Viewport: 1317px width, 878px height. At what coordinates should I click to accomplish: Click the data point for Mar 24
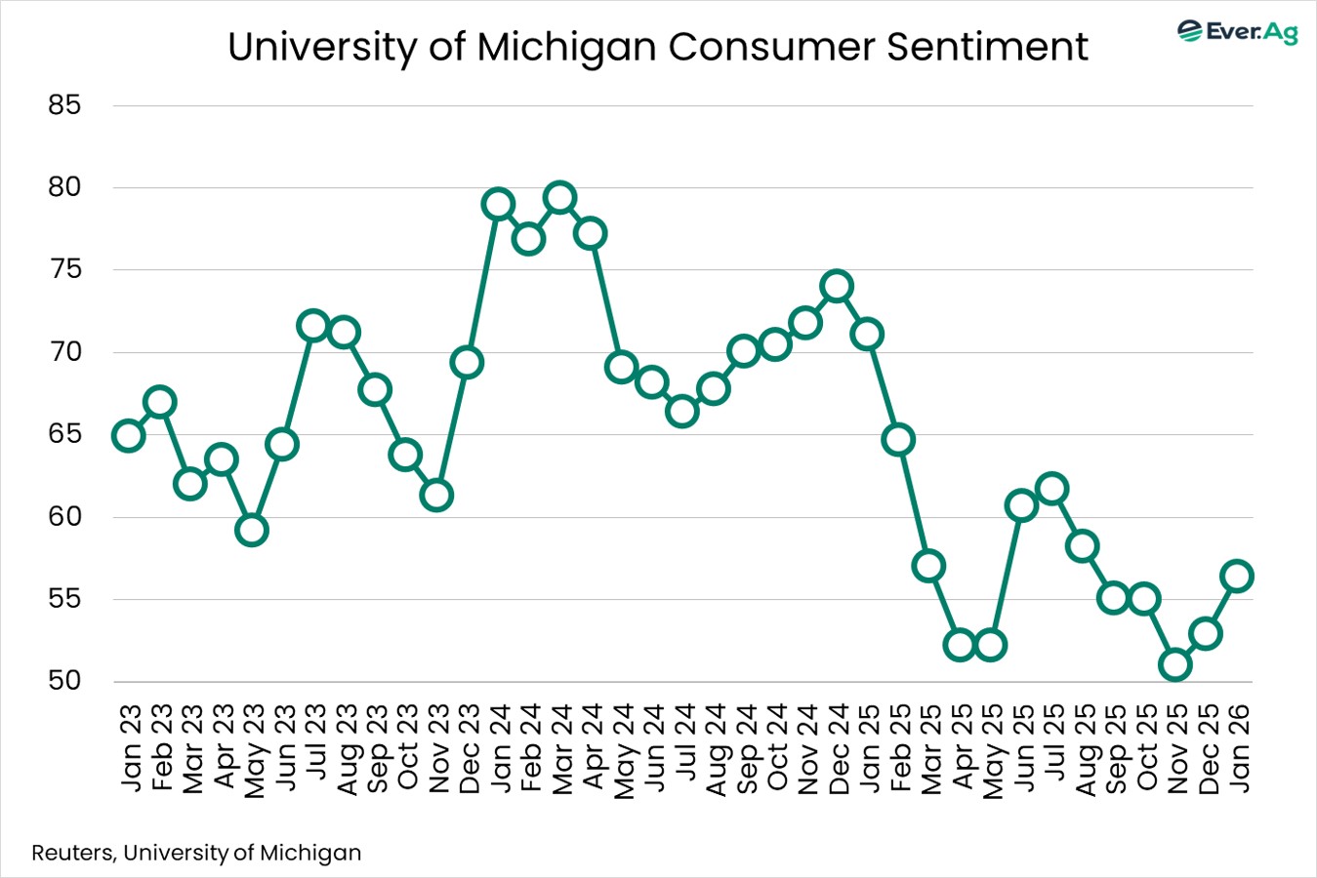pyautogui.click(x=559, y=198)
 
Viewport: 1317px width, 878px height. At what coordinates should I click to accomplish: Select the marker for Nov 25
pyautogui.click(x=1175, y=665)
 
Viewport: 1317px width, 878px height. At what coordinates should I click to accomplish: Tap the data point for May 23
pyautogui.click(x=252, y=530)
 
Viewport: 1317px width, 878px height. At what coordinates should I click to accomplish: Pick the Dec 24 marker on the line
pyautogui.click(x=837, y=286)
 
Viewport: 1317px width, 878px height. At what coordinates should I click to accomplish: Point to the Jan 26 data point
pyautogui.click(x=1237, y=576)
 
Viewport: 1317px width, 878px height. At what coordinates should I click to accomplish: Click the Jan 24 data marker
pyautogui.click(x=498, y=205)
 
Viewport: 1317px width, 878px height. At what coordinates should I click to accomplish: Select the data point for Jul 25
pyautogui.click(x=1051, y=489)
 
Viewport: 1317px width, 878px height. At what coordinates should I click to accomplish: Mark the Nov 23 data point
pyautogui.click(x=436, y=496)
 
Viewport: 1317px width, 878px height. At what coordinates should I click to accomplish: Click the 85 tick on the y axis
pyautogui.click(x=64, y=104)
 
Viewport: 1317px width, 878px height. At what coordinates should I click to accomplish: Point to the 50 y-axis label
pyautogui.click(x=64, y=680)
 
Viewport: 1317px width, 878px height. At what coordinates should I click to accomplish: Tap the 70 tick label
pyautogui.click(x=64, y=351)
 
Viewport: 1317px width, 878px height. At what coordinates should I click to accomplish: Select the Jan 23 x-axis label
pyautogui.click(x=130, y=749)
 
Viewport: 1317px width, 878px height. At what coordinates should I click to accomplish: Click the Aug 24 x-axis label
pyautogui.click(x=715, y=749)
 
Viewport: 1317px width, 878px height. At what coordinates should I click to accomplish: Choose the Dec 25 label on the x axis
pyautogui.click(x=1207, y=749)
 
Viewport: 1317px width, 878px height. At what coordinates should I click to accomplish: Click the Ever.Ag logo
pyautogui.click(x=1237, y=31)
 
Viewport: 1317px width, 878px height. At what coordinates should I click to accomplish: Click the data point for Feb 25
pyautogui.click(x=898, y=440)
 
